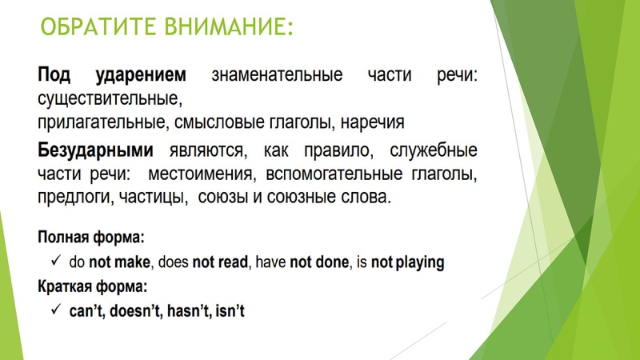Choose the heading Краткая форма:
(x=93, y=286)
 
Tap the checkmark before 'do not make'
(x=56, y=262)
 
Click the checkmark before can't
(x=56, y=309)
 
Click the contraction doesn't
(x=133, y=310)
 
